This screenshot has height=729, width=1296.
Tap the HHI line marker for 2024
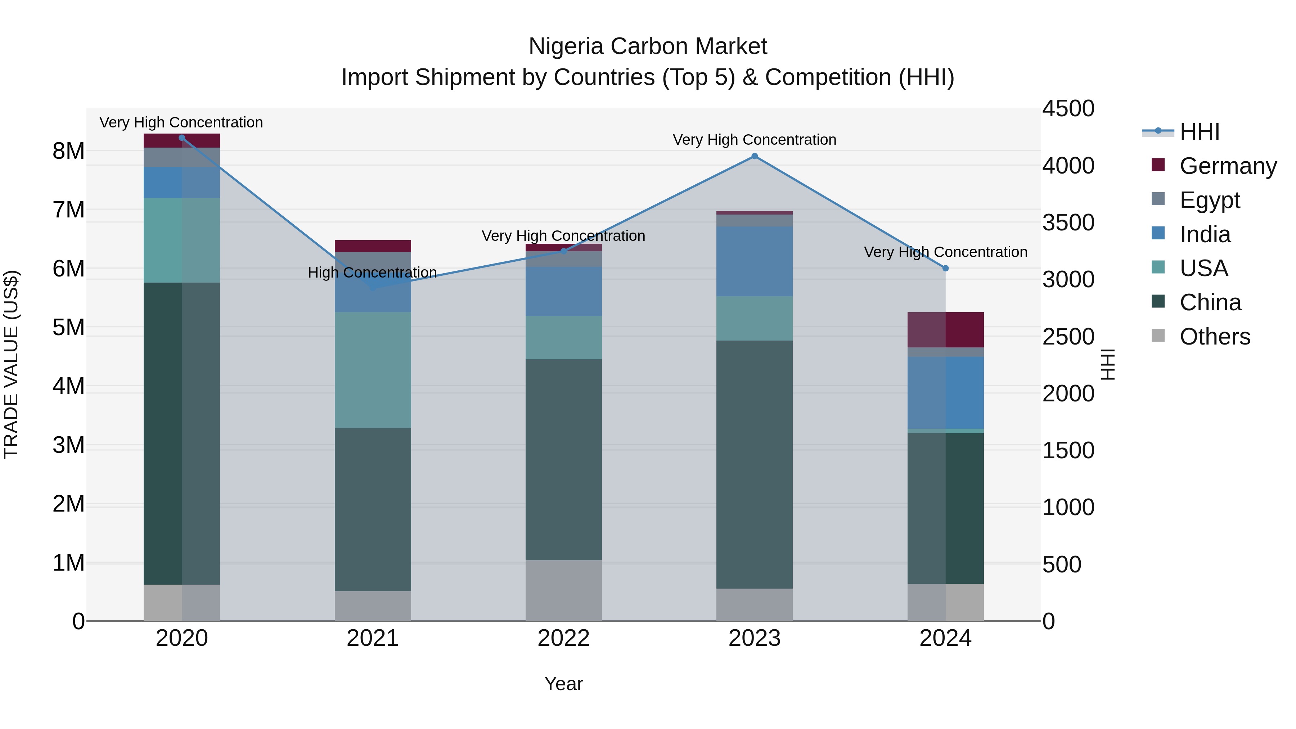click(945, 268)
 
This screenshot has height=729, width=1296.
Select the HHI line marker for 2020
click(182, 138)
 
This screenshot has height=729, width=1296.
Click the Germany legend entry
click(1228, 166)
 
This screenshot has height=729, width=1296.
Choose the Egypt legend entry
click(1210, 200)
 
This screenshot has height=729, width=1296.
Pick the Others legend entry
click(1215, 336)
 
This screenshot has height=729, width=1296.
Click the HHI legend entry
click(1200, 131)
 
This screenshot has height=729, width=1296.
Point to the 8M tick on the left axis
click(68, 150)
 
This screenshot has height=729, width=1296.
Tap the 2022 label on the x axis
click(563, 638)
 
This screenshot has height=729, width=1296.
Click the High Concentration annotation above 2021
click(372, 272)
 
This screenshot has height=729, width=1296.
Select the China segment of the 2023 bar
click(754, 464)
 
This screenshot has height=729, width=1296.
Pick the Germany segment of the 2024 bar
click(945, 329)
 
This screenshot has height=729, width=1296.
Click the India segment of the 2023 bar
click(754, 261)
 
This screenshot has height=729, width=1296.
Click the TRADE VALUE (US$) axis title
click(11, 364)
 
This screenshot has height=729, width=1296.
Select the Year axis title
click(563, 684)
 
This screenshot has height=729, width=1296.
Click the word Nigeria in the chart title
click(566, 46)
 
